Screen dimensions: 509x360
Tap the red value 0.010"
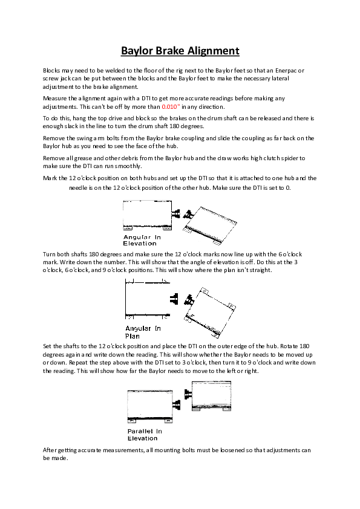click(x=171, y=106)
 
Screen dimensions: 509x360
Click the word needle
click(x=79, y=188)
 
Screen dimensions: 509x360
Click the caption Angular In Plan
click(x=143, y=331)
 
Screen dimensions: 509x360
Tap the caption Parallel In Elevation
click(x=145, y=434)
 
